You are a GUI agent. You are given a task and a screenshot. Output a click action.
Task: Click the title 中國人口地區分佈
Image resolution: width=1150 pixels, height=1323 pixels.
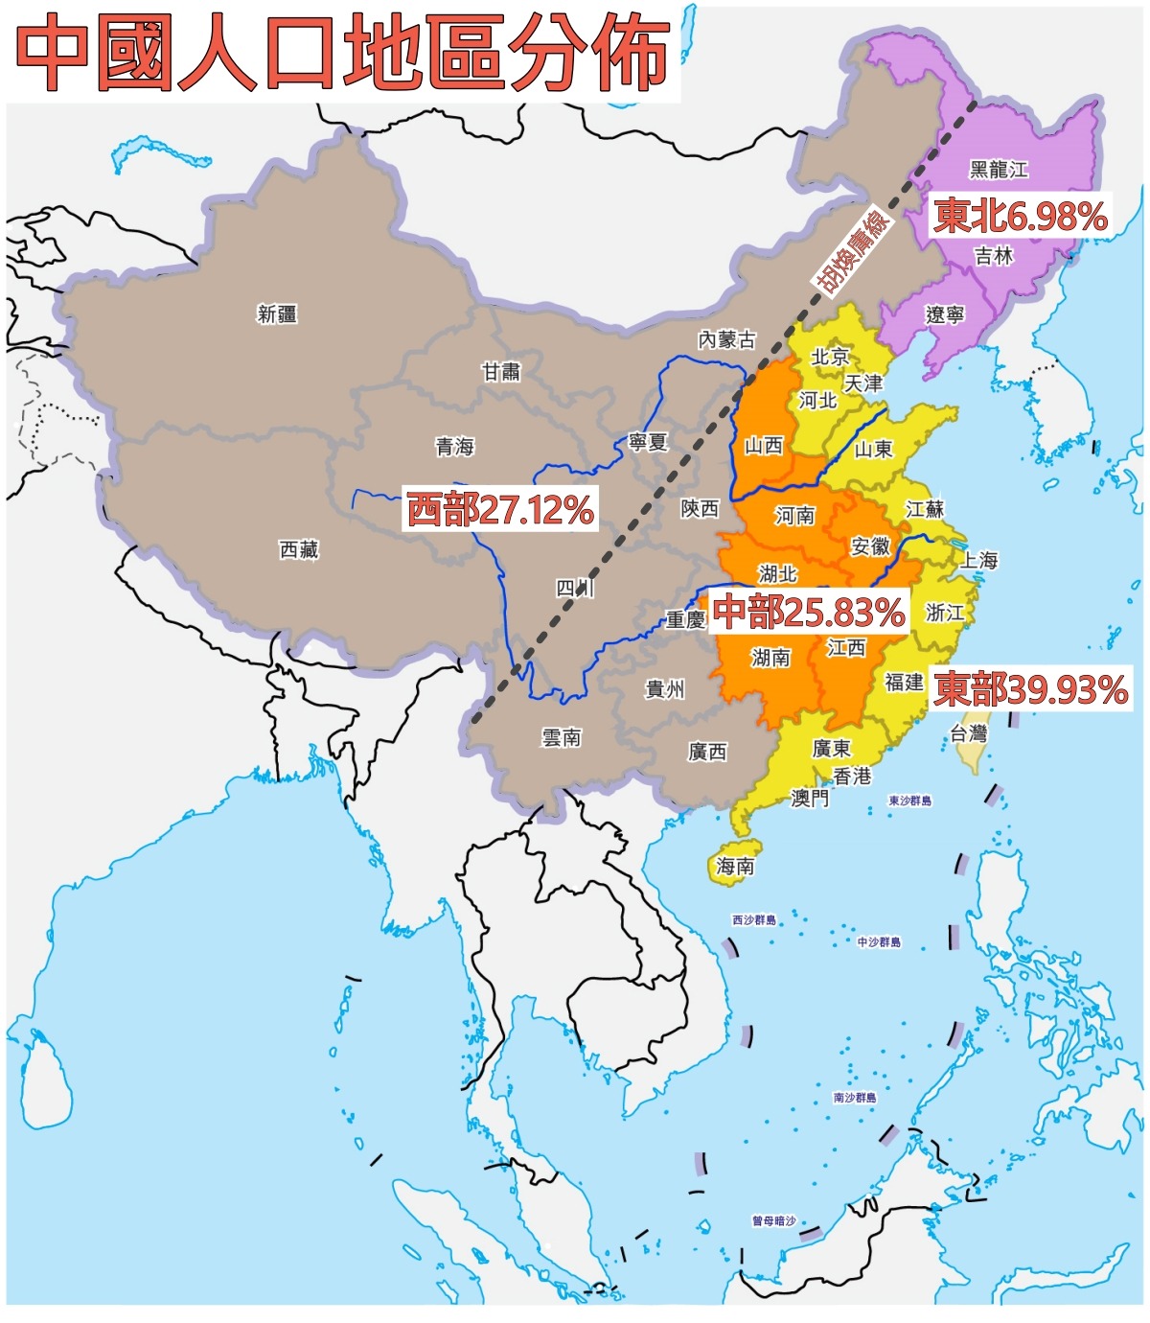click(342, 54)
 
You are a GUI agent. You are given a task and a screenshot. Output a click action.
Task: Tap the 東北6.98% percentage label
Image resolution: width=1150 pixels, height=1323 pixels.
click(1021, 216)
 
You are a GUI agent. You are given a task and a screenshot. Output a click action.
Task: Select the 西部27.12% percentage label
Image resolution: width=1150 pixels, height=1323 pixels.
click(500, 509)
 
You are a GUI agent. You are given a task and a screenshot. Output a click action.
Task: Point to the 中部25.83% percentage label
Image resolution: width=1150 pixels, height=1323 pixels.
click(809, 612)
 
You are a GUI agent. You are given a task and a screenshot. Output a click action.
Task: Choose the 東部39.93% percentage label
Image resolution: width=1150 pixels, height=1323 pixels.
click(1031, 689)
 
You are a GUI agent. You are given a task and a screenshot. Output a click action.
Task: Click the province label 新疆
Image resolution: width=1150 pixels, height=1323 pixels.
click(277, 314)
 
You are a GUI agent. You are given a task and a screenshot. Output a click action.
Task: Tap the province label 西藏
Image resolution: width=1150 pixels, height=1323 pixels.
click(299, 549)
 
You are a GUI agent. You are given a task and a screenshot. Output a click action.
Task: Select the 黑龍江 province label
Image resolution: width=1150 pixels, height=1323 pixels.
click(999, 170)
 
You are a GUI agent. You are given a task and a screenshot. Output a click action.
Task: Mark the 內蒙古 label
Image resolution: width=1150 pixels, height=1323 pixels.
click(726, 339)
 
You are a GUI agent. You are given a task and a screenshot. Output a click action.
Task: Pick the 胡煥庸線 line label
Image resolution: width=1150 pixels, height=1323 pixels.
click(852, 250)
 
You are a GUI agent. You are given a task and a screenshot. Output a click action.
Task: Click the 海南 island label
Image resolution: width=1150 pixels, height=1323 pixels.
click(735, 867)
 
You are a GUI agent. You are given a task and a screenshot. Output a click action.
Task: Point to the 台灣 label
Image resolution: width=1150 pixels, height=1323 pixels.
click(968, 733)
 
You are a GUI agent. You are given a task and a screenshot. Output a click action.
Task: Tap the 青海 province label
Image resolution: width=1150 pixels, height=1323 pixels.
click(455, 447)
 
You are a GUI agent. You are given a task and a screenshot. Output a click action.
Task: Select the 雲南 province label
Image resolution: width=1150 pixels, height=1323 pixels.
click(562, 737)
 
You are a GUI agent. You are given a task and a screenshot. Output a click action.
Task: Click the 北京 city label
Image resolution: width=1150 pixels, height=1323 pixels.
click(830, 357)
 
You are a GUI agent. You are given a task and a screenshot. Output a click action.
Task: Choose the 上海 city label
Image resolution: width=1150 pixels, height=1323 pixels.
click(979, 560)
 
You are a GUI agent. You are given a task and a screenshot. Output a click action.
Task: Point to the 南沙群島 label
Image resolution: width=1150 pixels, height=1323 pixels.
click(854, 1098)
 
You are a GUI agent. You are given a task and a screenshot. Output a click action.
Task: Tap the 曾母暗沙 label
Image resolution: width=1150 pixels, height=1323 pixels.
click(773, 1220)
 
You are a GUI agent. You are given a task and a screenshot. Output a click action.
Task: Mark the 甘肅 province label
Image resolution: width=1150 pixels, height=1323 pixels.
click(501, 371)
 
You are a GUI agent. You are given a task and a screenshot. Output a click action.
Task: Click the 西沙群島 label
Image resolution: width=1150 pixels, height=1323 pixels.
click(753, 920)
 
